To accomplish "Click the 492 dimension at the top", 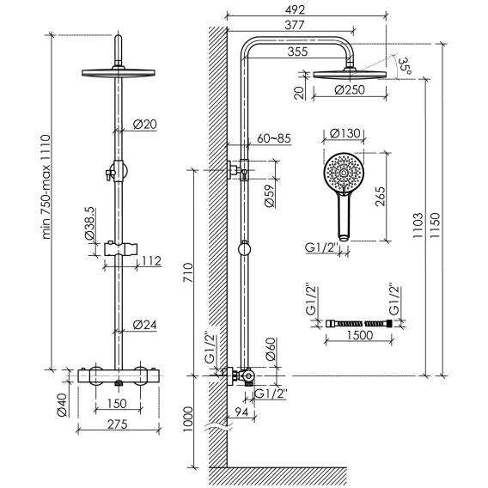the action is coord(295,10).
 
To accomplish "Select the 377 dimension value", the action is coord(295,25).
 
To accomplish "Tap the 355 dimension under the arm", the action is coord(297,52).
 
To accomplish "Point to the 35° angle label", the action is coord(405,66).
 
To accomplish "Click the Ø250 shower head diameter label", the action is coord(349,90).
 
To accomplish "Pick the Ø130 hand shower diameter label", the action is coord(345,133).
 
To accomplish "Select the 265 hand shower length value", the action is coord(380,197).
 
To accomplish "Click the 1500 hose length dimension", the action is coord(360,335).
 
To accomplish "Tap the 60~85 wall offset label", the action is coord(274,138).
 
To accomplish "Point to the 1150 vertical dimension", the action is coord(435,226).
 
